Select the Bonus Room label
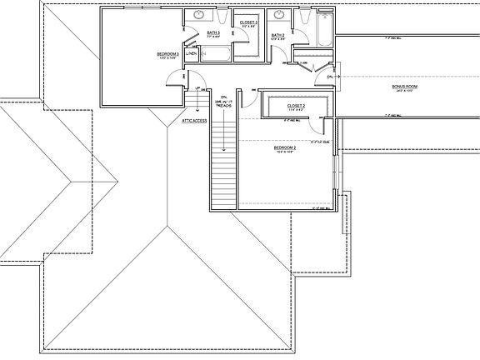coord(404,87)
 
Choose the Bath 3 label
coord(212,34)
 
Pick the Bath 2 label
coord(278,35)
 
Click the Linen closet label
coord(191,54)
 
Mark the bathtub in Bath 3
coord(216,54)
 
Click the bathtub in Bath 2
coord(320,34)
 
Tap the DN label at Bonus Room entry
coord(330,77)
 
